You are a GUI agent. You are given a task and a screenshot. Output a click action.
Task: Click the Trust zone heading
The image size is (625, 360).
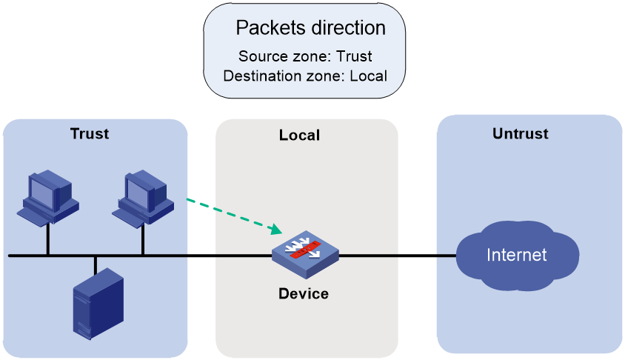pyautogui.click(x=90, y=133)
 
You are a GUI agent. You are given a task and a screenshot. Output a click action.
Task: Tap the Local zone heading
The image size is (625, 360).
pyautogui.click(x=299, y=135)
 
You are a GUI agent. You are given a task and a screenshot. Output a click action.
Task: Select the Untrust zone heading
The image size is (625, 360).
pyautogui.click(x=520, y=133)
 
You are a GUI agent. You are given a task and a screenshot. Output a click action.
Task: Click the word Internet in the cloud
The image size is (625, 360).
pyautogui.click(x=517, y=255)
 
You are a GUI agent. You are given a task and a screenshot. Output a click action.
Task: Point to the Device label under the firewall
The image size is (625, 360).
pyautogui.click(x=304, y=294)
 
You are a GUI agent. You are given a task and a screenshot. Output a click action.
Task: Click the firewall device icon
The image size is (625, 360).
pyautogui.click(x=305, y=254)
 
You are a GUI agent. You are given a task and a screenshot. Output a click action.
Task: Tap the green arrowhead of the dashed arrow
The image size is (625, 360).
pyautogui.click(x=276, y=229)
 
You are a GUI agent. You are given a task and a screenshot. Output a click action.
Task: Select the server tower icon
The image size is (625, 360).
pyautogui.click(x=98, y=304)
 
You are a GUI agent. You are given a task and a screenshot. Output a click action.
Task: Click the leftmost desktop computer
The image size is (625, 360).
pyautogui.click(x=48, y=199)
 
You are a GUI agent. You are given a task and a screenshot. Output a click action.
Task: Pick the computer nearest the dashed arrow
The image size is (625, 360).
pyautogui.click(x=143, y=199)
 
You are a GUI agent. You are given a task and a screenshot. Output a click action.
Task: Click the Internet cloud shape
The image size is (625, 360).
pyautogui.click(x=517, y=256)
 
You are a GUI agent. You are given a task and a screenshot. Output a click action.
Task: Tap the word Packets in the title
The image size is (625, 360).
pyautogui.click(x=271, y=28)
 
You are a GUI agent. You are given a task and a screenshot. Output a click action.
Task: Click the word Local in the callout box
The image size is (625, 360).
pyautogui.click(x=368, y=76)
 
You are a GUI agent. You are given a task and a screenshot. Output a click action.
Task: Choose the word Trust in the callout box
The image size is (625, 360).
pyautogui.click(x=354, y=56)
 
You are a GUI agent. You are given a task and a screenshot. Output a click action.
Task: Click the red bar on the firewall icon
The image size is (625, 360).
pyautogui.click(x=305, y=250)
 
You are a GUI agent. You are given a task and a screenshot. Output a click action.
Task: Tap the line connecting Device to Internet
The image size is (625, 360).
pyautogui.click(x=398, y=256)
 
